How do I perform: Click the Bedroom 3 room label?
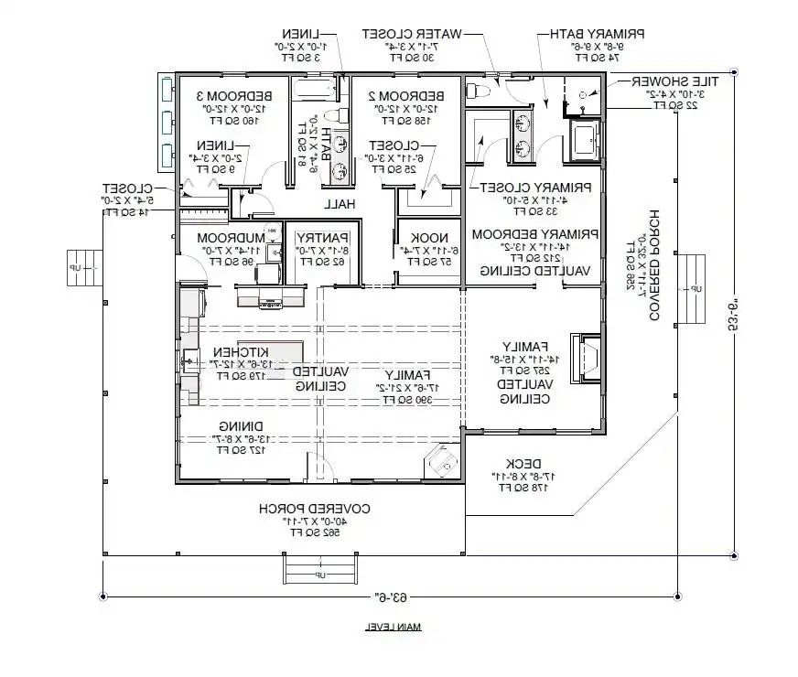[226, 96]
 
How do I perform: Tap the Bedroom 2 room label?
[406, 96]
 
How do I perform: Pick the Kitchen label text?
[240, 352]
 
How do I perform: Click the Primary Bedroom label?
[534, 234]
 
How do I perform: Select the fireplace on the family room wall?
[584, 358]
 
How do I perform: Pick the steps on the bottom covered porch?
[318, 572]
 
